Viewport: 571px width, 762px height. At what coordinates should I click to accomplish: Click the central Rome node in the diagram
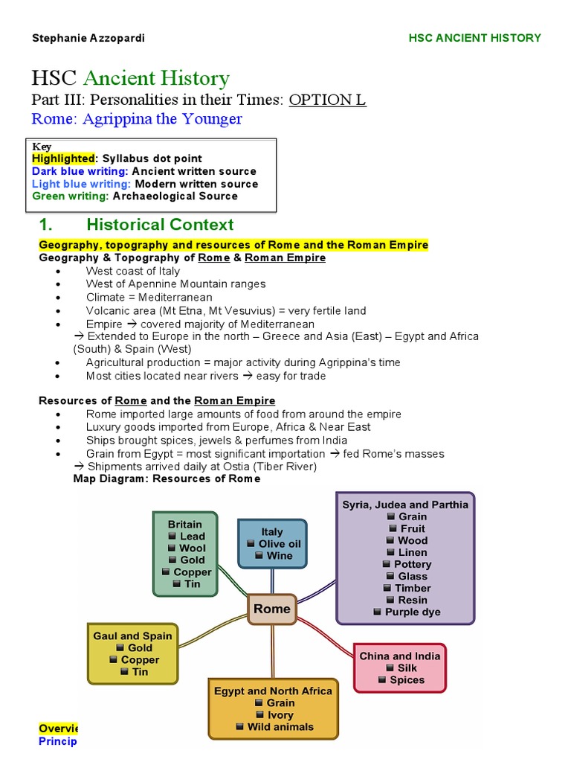(x=272, y=609)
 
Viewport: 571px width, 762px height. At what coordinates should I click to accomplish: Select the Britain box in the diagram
(x=185, y=554)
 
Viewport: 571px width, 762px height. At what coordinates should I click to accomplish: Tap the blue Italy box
(x=272, y=544)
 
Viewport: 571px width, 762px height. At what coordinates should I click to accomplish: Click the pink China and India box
(x=400, y=667)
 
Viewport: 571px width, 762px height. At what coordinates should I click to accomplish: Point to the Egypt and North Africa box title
(x=273, y=691)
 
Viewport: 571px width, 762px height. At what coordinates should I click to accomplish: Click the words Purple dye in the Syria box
(x=413, y=612)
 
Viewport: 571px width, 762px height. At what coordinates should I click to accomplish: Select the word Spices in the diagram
(x=407, y=679)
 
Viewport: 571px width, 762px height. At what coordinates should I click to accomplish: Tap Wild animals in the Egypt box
(x=280, y=726)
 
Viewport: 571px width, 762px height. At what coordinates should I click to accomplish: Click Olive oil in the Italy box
(x=280, y=544)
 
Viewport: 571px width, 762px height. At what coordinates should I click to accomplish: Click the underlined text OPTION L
(x=327, y=100)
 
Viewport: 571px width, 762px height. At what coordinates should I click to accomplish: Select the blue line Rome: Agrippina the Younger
(x=137, y=119)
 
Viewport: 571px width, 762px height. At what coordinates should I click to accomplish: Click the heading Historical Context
(x=160, y=225)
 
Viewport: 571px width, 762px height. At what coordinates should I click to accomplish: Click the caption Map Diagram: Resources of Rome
(x=167, y=478)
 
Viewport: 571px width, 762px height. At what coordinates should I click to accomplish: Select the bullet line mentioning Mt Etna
(x=226, y=310)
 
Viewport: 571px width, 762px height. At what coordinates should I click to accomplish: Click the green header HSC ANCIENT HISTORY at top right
(x=475, y=38)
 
